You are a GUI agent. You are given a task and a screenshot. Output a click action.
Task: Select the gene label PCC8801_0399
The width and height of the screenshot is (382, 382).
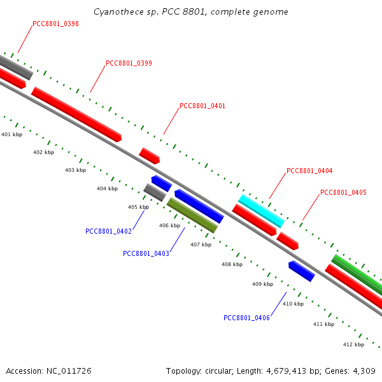coord(129,63)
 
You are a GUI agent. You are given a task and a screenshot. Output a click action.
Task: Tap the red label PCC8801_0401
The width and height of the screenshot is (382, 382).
coord(202,106)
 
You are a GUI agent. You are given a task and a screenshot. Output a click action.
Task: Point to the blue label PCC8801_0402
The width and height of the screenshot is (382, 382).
coord(108,231)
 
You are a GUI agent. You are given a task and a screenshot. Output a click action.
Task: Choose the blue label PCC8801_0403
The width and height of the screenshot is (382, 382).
coord(146,253)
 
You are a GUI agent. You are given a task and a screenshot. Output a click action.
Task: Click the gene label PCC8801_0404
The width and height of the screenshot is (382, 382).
coord(309,171)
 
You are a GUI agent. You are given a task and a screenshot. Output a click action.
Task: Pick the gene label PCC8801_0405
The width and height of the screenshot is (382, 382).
coord(343,192)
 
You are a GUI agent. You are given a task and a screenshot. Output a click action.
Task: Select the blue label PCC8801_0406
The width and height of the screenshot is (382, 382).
coord(246,318)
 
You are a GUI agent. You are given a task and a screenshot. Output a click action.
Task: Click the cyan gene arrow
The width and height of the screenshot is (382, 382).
coord(261,211)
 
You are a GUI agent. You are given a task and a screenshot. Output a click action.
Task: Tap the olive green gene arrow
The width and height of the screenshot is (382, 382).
coord(192,215)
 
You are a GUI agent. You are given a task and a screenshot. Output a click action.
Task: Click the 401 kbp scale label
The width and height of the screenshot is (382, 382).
coord(11,134)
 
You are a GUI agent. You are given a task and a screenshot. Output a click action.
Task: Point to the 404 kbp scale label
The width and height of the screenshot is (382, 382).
coord(107,188)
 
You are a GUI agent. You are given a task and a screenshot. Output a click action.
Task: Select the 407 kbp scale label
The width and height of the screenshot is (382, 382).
coord(201,244)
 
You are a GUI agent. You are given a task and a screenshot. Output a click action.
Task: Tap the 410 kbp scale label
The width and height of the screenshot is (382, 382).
coord(293,304)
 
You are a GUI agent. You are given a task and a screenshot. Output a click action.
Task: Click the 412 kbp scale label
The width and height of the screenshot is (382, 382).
coord(353,344)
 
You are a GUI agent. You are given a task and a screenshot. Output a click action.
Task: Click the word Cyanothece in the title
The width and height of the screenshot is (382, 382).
coord(115,12)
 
